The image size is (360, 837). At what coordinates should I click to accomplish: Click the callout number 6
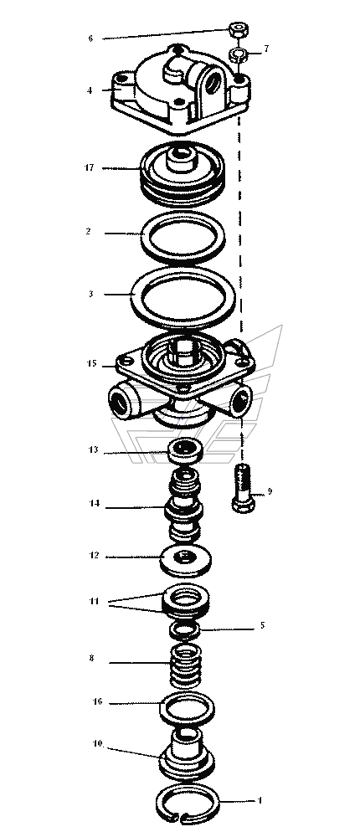pos(90,39)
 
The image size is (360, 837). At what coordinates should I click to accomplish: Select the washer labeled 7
pos(238,54)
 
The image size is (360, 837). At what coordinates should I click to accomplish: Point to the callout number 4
pos(90,90)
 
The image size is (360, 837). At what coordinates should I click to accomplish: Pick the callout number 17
pos(89,167)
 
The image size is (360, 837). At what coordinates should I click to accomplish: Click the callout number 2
pos(88,232)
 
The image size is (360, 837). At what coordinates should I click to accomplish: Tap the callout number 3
pos(90,294)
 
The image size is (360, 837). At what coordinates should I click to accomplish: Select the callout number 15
pos(91,363)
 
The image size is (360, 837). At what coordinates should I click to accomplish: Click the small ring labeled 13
pos(186,451)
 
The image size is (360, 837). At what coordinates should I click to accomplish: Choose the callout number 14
pos(94,503)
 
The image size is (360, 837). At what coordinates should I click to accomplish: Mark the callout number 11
pos(94,601)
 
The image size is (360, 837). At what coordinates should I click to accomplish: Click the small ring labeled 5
pos(185,630)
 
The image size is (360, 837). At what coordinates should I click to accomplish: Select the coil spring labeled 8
pos(185,666)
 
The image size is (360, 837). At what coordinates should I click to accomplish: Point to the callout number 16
pos(97,701)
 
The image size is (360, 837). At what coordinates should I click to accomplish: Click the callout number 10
pos(98,743)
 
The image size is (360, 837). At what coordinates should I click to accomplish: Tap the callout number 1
pos(260,801)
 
